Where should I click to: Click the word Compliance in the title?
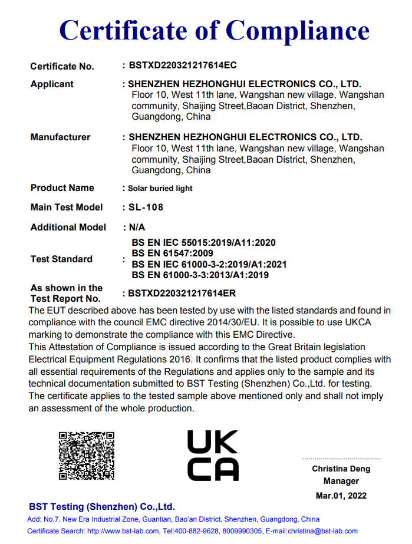tap(298, 29)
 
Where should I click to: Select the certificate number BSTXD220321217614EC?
tap(182, 65)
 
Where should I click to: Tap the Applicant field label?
tap(52, 84)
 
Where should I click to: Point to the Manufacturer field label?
tap(60, 137)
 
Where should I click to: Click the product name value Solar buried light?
tap(160, 189)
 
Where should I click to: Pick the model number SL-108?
tap(146, 207)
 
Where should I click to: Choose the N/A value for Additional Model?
tap(137, 227)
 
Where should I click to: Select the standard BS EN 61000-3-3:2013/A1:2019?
tap(200, 275)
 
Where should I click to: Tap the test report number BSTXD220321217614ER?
tap(182, 293)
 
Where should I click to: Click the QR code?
tap(86, 456)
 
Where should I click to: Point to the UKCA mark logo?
tap(213, 456)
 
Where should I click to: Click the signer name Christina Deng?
tap(341, 469)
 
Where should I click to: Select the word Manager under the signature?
tap(341, 482)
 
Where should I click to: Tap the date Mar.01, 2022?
tap(341, 496)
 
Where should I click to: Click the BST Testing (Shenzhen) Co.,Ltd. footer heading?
tap(102, 507)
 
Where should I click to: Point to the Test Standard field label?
tap(61, 259)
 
